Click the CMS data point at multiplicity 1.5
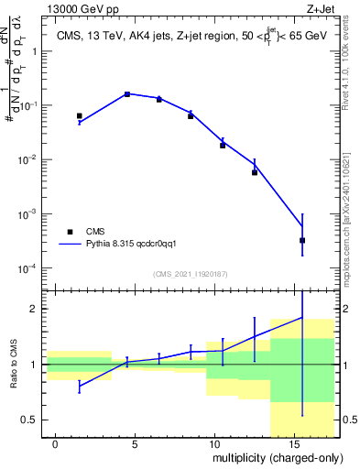tap(80, 116)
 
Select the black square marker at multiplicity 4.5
tap(127, 94)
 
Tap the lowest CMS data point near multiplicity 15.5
tap(302, 240)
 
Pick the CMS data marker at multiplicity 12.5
tap(255, 172)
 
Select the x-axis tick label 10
tap(214, 443)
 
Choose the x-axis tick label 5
tap(136, 443)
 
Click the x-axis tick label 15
tap(294, 443)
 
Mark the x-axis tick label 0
tap(56, 443)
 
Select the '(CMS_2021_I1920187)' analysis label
tap(191, 273)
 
